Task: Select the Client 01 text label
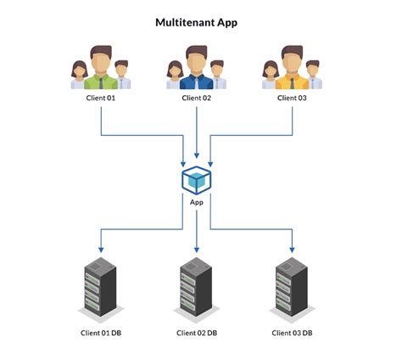[100, 98]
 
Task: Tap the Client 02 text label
[197, 98]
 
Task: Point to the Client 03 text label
[293, 98]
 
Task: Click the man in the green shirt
[101, 68]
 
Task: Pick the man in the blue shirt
[197, 68]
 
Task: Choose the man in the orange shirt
[293, 68]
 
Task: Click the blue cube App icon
[197, 180]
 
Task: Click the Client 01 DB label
[100, 332]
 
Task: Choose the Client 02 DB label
[197, 332]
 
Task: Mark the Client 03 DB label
[293, 332]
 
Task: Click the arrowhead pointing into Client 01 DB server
[100, 249]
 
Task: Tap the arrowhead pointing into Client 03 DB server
[293, 249]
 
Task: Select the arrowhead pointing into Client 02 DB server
[197, 249]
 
